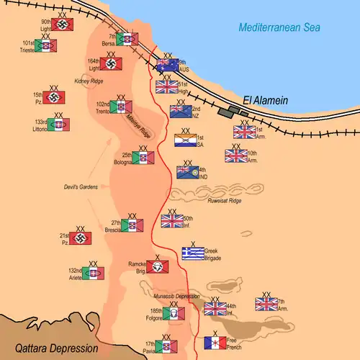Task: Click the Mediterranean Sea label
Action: [x=279, y=28]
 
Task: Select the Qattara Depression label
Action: [x=49, y=348]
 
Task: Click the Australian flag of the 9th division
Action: [x=168, y=66]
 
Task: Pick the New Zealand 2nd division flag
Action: [x=180, y=111]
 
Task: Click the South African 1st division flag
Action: [x=185, y=140]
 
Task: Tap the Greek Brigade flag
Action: [x=193, y=253]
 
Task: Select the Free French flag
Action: [x=215, y=343]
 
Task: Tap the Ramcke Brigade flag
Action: [x=158, y=267]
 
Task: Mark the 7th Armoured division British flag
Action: [x=266, y=305]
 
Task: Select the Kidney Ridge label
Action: [x=89, y=81]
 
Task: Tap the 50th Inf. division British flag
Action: [x=172, y=221]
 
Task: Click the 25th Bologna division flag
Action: [x=143, y=158]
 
